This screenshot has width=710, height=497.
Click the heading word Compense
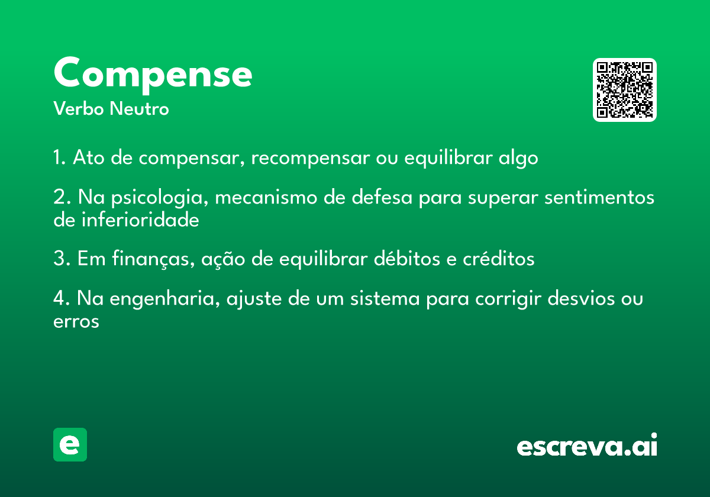[153, 75]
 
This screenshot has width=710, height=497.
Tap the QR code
[624, 90]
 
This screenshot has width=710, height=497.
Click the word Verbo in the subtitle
[79, 108]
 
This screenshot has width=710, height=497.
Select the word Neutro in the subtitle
[139, 108]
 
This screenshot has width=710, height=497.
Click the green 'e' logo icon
[70, 444]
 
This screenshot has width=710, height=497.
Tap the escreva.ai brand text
[587, 444]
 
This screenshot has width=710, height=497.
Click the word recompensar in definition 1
[310, 157]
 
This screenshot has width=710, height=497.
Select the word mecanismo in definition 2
[266, 197]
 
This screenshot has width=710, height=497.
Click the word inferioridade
[140, 220]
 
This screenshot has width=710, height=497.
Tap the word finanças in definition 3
[153, 259]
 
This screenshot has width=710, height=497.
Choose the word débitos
[406, 259]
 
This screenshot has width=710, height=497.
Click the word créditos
[499, 259]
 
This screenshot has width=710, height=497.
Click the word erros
[76, 322]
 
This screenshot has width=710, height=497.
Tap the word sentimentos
[599, 197]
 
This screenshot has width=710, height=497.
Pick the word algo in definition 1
[518, 158]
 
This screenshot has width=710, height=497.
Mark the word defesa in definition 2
[382, 196]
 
